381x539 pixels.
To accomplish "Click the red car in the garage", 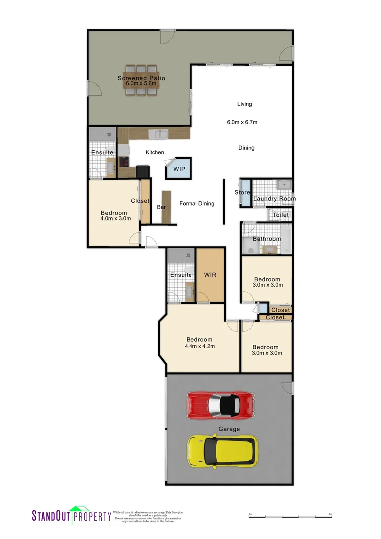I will pos(221,405).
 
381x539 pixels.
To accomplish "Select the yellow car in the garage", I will pos(222,451).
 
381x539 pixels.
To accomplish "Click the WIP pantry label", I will pos(179,169).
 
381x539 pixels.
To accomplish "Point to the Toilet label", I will pos(280,215).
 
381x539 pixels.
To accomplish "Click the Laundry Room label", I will pos(274,199).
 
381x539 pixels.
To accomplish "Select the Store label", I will pos(242,193).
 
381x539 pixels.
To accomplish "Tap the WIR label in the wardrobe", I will pos(210,275).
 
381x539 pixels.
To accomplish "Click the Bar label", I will pos(162,206).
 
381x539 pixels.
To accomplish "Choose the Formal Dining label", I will pos(196,203).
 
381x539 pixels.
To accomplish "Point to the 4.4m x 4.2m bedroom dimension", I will pos(199,347).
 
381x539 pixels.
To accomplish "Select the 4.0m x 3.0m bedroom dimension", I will pos(115,218).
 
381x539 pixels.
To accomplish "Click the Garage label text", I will pos(229,429).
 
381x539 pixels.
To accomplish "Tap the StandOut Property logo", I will pos(71,515).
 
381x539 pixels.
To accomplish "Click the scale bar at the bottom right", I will pos(290,515).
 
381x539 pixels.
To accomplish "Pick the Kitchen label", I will pos(155,153).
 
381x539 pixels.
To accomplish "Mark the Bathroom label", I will pos(267,239).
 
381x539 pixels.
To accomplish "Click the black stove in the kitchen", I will pos(143,171).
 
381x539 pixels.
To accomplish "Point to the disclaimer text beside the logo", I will pos(148,517).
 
